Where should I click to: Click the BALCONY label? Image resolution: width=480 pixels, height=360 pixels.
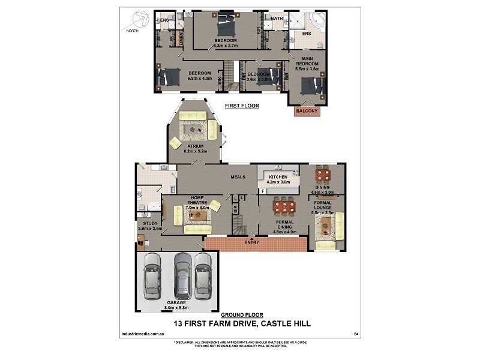tap(306, 110)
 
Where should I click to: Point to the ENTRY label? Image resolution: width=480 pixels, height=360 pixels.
tap(252, 242)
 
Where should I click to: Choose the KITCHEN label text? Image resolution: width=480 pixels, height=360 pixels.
tap(278, 177)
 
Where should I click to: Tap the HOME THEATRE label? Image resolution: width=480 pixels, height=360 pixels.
tap(197, 200)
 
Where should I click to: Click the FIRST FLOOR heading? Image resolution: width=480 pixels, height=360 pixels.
tap(241, 106)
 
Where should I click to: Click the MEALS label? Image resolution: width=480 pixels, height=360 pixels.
tap(240, 176)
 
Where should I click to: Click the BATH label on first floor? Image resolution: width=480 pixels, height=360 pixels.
tap(277, 19)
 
